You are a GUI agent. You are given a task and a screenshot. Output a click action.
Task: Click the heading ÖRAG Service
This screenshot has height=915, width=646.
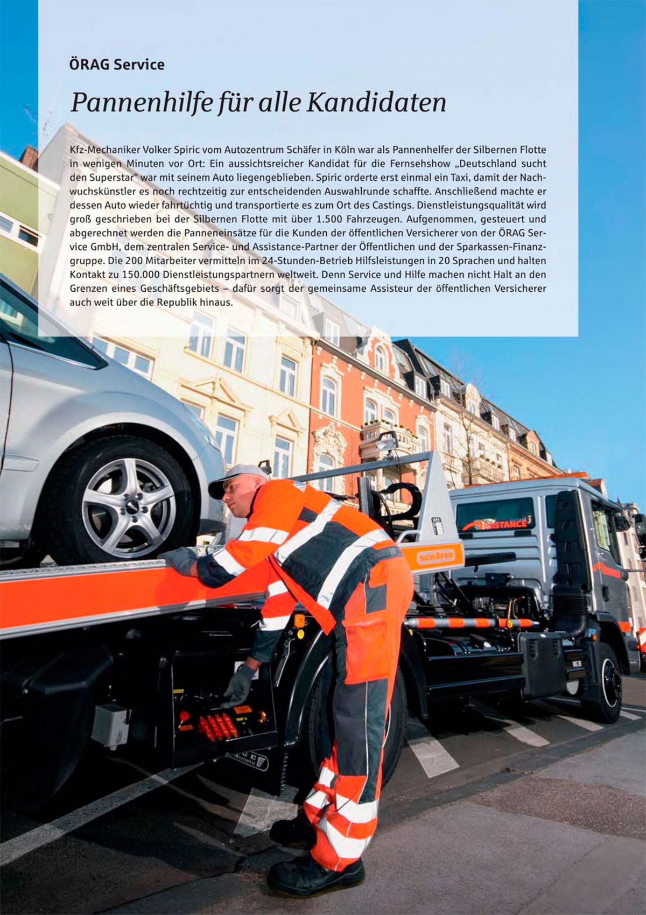[117, 65]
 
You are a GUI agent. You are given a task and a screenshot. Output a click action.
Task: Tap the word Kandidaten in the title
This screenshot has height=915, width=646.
[376, 102]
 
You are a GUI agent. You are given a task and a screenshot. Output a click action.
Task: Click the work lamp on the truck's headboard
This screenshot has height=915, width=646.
[387, 441]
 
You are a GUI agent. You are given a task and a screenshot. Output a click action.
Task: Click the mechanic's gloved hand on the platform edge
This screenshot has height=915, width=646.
[180, 560]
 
